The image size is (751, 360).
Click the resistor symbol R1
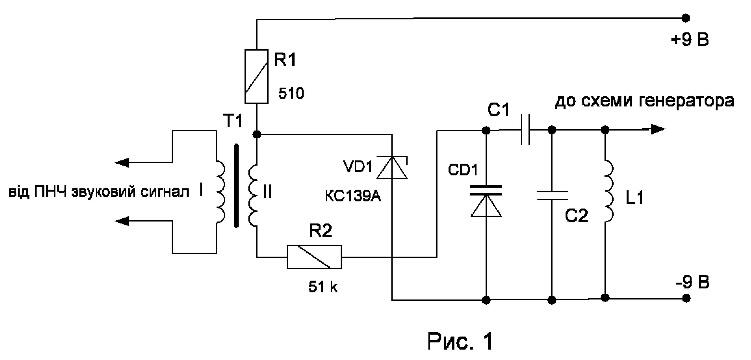tap(257, 77)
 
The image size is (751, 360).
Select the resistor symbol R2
tap(314, 257)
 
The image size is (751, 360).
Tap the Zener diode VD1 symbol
tap(392, 167)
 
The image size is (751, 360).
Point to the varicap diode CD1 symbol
tap(486, 201)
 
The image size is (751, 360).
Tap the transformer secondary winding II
tap(253, 195)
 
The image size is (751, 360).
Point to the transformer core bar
tap(237, 186)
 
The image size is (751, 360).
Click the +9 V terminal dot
tap(686, 18)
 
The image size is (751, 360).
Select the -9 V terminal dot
tap(686, 298)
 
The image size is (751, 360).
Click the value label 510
tap(291, 93)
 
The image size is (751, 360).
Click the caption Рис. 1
tap(459, 341)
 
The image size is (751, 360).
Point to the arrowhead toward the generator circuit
tap(657, 129)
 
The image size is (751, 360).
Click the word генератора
tap(689, 102)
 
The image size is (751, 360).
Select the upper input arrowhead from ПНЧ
tap(122, 163)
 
